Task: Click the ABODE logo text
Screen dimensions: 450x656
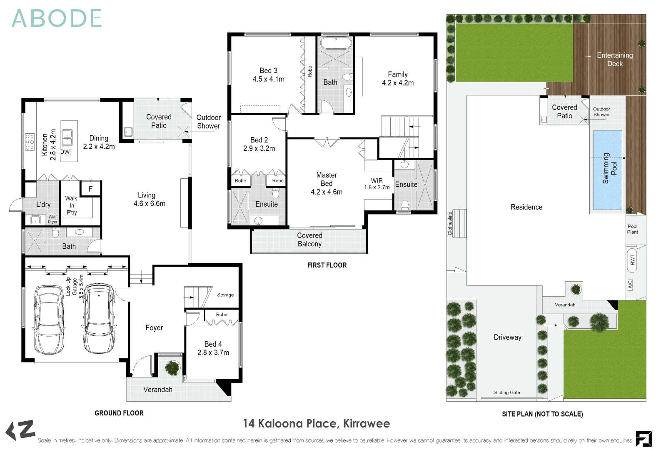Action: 57,19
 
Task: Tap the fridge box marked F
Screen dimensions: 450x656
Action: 91,189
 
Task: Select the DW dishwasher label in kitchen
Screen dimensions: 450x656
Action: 65,152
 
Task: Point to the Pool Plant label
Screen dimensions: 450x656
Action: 632,230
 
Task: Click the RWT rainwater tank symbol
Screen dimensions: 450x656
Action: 632,260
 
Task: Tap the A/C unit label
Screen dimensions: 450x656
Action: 630,285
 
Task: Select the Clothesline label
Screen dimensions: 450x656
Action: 450,223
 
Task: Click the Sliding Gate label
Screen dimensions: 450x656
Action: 507,392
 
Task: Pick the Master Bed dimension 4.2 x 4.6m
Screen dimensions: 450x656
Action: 327,192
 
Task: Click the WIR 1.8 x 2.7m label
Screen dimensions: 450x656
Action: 377,184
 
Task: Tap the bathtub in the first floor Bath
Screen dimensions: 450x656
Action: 336,43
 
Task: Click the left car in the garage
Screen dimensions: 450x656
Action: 49,319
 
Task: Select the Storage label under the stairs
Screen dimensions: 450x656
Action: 225,295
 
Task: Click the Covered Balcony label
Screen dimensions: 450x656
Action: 309,240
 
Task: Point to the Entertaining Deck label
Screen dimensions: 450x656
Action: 615,60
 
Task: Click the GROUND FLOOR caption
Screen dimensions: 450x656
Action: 119,413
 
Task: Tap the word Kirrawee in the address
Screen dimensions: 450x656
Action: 367,424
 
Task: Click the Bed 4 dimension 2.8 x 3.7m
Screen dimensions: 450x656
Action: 213,353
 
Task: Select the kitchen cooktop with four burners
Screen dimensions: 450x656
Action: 30,142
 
